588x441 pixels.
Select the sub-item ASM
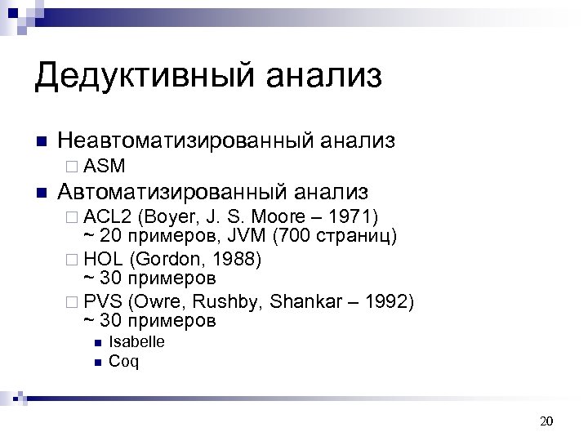[105, 167]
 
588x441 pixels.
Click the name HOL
[103, 260]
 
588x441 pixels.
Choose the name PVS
[102, 302]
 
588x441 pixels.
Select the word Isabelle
[136, 342]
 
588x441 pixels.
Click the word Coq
[123, 362]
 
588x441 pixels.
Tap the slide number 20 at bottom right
[547, 421]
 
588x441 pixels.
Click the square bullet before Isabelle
[96, 343]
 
